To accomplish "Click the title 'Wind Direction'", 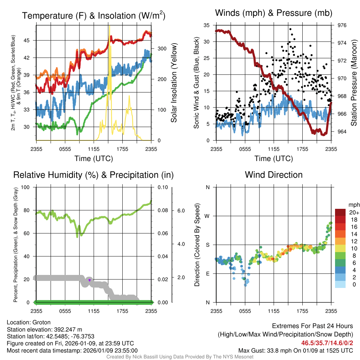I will [x=274, y=175].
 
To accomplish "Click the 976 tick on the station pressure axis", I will [x=342, y=25].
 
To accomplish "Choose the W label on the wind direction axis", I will [x=207, y=216].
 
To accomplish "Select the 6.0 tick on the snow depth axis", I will [x=181, y=211].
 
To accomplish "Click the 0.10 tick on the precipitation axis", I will [x=162, y=187].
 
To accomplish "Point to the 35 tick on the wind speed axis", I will [x=206, y=25].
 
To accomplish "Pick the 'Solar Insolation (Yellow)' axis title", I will [x=174, y=83].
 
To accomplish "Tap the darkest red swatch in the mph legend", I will [x=341, y=213].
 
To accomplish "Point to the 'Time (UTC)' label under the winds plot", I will [x=274, y=159].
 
